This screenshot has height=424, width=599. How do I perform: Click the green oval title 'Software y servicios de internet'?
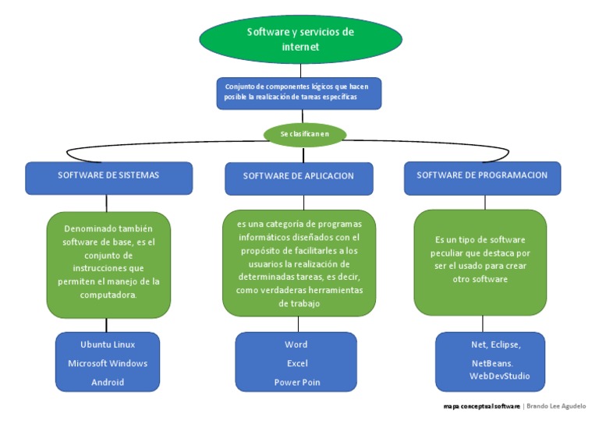[300, 40]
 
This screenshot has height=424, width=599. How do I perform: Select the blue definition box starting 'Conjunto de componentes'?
[299, 92]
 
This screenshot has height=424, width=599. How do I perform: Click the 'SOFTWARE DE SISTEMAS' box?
[108, 176]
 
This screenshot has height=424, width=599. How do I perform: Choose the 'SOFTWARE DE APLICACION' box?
[298, 177]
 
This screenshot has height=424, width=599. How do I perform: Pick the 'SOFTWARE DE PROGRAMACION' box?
[482, 176]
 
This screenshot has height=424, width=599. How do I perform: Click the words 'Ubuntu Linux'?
[108, 344]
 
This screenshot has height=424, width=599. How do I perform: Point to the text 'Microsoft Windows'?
[108, 364]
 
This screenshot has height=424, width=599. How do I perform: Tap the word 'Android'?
[108, 383]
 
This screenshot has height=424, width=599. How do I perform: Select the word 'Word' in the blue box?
[296, 344]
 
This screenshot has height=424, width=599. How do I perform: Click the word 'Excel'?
[296, 363]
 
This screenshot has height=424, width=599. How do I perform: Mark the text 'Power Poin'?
[296, 383]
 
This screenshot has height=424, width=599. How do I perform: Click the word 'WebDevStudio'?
[499, 376]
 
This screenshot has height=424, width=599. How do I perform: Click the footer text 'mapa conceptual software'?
[481, 406]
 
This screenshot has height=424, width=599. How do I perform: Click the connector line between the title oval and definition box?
[300, 70]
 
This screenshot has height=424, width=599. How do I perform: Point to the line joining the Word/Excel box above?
[297, 324]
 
